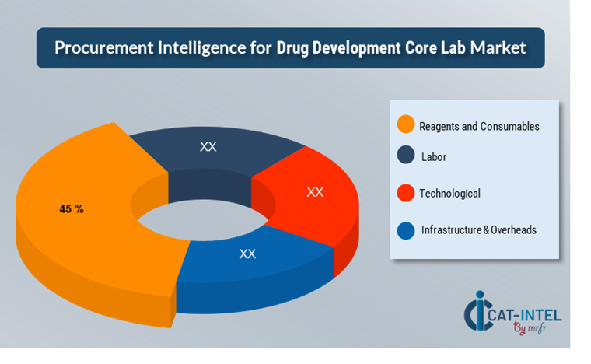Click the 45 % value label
pos(72,209)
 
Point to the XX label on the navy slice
pos(208,146)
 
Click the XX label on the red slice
pos(315,191)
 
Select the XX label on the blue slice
pos(247,254)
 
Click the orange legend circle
pos(405,124)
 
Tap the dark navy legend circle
pos(405,156)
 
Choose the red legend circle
pos(405,193)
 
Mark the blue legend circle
pos(405,230)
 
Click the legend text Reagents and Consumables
pos(478,126)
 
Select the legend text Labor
pos(433,156)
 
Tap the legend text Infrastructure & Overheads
pos(478,230)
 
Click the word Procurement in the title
pos(99,48)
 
